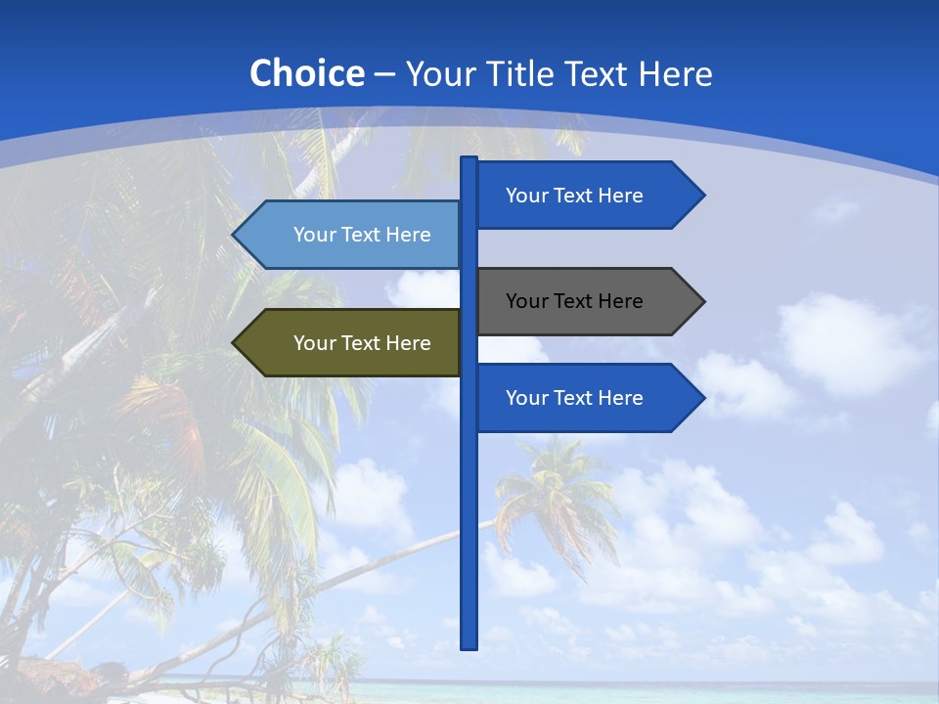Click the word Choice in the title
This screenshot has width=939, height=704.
pos(306,73)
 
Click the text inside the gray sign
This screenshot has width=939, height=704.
pos(574,301)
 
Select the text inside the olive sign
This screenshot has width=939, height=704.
pos(362,343)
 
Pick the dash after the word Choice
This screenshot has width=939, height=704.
pos(384,74)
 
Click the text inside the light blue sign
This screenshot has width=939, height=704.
pos(362,235)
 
